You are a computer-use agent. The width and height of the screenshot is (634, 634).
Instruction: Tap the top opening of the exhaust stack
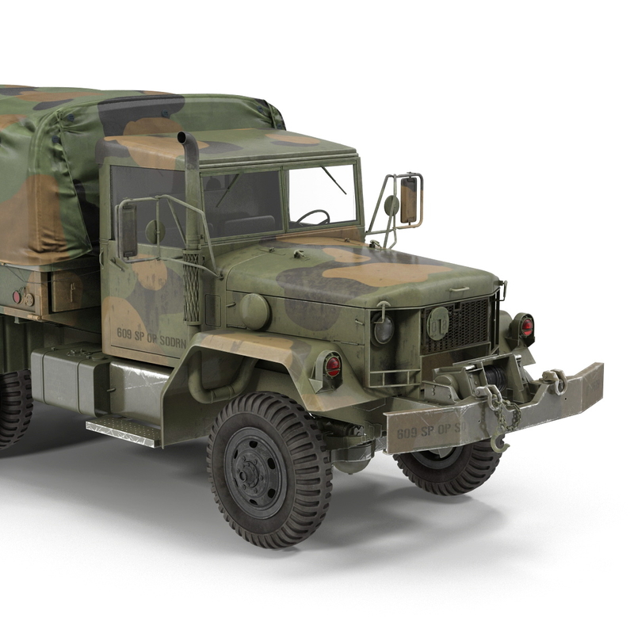click(x=187, y=139)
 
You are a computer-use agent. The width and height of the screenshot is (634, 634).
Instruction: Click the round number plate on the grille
click(x=437, y=322)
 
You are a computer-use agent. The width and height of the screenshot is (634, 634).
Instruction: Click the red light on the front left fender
click(x=333, y=366)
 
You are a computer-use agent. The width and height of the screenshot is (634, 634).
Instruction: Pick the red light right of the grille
click(x=526, y=327)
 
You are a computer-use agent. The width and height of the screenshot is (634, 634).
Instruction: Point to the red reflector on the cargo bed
click(x=17, y=297)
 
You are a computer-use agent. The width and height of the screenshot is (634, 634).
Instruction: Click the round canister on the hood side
click(x=254, y=311)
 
